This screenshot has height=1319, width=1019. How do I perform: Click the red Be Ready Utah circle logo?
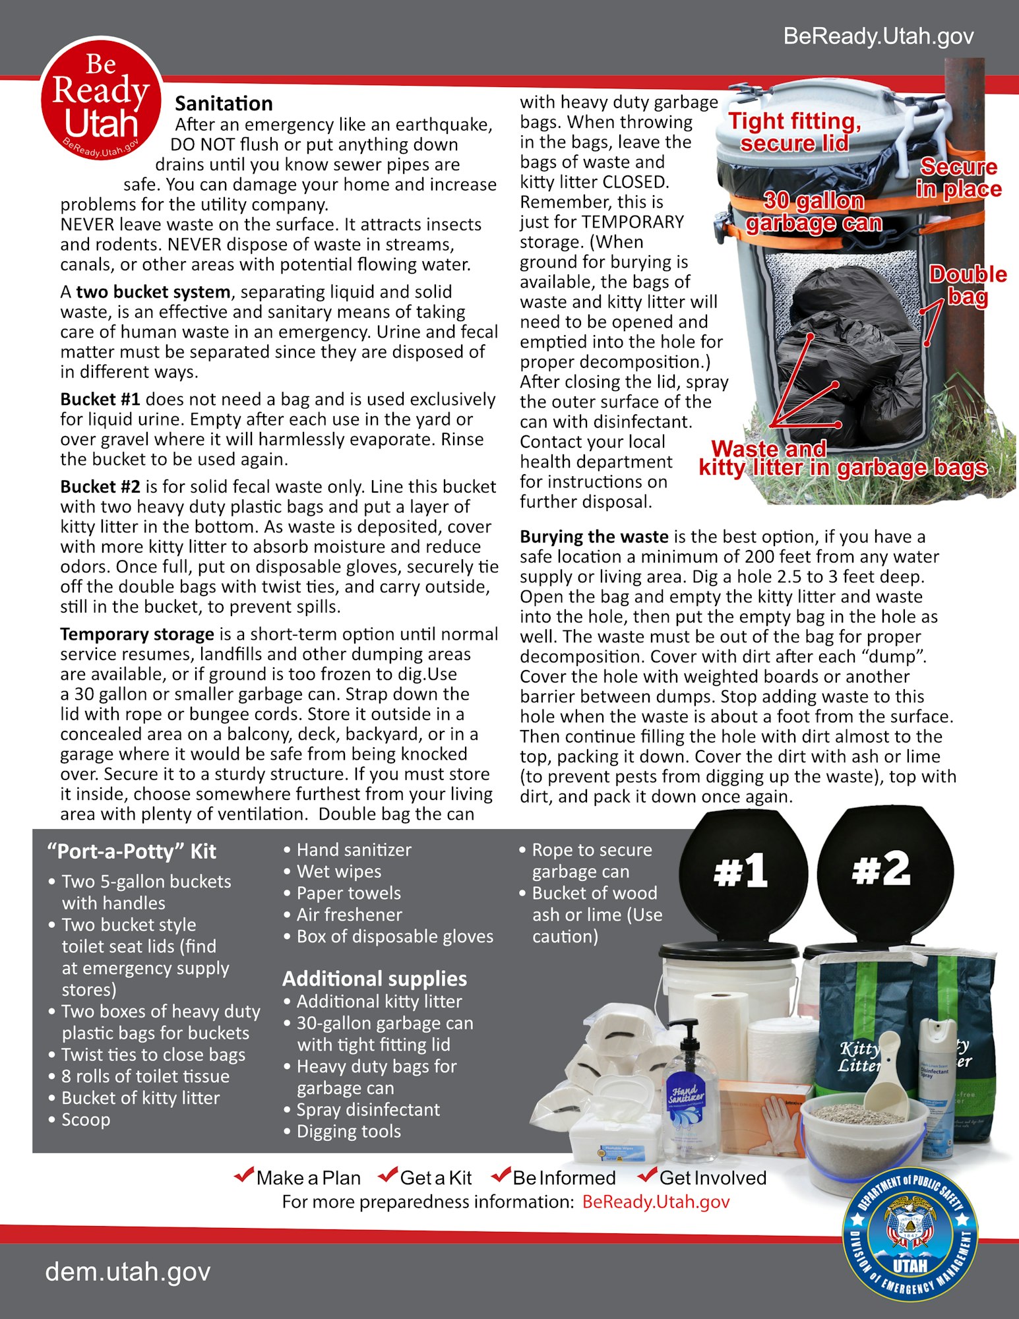pyautogui.click(x=101, y=99)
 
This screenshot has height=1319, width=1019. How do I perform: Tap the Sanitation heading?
pyautogui.click(x=224, y=104)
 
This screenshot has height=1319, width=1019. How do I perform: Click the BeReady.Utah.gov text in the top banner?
pyautogui.click(x=878, y=36)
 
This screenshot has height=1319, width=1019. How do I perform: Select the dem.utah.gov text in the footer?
pyautogui.click(x=128, y=1271)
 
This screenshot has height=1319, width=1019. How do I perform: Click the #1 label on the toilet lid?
pyautogui.click(x=741, y=871)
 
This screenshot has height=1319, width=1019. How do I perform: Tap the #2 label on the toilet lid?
pyautogui.click(x=881, y=869)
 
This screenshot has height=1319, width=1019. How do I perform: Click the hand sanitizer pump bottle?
pyautogui.click(x=688, y=1101)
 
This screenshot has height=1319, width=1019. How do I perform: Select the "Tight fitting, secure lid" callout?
pyautogui.click(x=795, y=132)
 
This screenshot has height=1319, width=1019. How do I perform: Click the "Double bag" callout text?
pyautogui.click(x=968, y=285)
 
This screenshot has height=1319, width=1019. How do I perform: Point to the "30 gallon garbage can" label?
pyautogui.click(x=814, y=212)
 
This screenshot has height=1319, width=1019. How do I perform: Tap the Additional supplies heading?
pyautogui.click(x=375, y=979)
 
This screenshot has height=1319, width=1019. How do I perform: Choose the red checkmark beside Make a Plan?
pyautogui.click(x=244, y=1175)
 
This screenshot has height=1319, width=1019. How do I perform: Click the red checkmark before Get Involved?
pyautogui.click(x=648, y=1175)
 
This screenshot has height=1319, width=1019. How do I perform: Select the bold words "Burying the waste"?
pyautogui.click(x=594, y=537)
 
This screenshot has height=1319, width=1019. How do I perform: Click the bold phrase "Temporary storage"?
pyautogui.click(x=137, y=634)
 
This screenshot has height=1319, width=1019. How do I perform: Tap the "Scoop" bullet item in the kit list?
pyautogui.click(x=86, y=1120)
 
